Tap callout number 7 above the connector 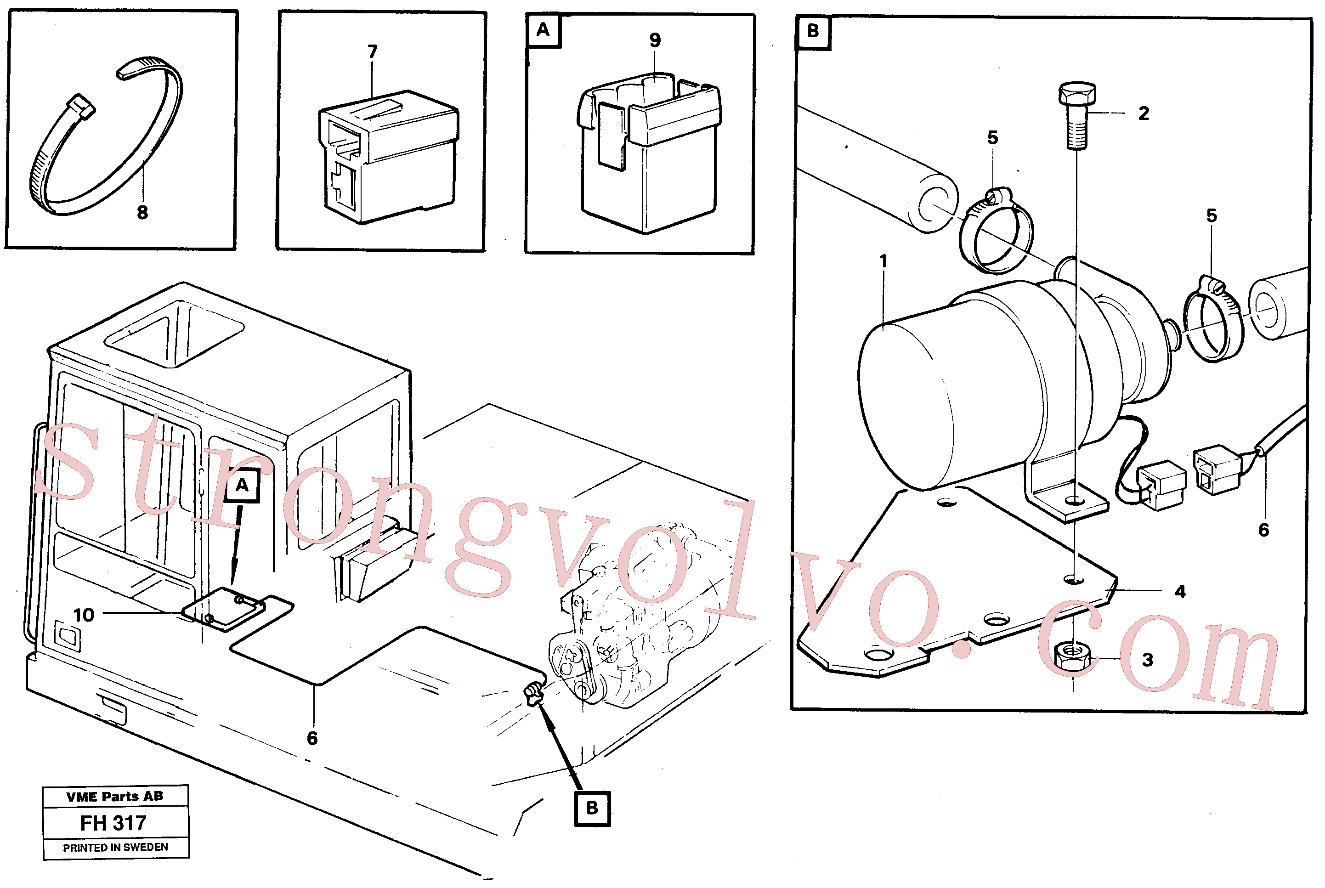click(372, 51)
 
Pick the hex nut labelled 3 click(1072, 656)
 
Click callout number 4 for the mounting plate click(1180, 592)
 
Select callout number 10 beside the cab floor click(84, 615)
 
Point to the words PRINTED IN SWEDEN click(115, 848)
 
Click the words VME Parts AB click(115, 797)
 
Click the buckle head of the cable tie click(80, 107)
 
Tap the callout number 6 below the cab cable click(312, 739)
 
